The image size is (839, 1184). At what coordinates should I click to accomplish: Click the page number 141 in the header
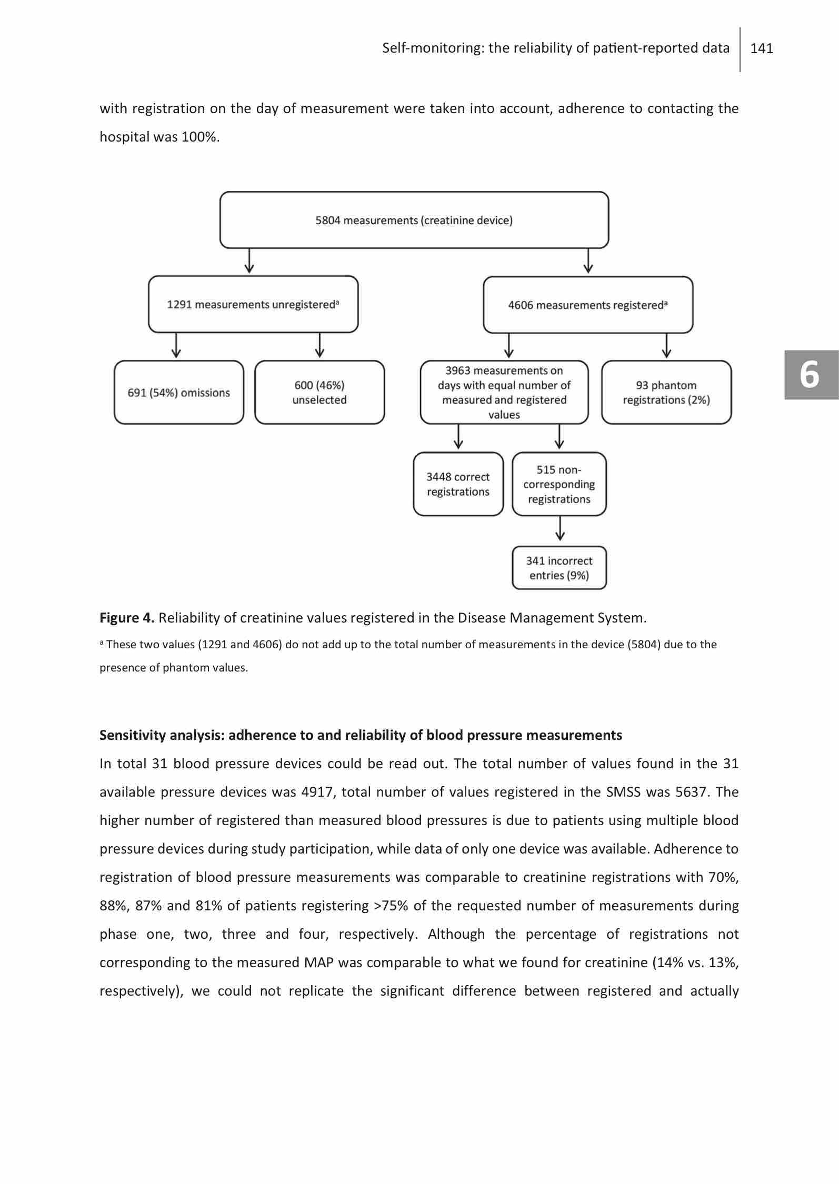(x=761, y=48)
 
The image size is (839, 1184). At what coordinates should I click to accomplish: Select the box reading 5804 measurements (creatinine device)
(x=414, y=220)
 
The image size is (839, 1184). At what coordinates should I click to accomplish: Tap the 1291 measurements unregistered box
(x=253, y=305)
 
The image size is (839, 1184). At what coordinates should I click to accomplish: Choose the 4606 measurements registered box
(x=587, y=305)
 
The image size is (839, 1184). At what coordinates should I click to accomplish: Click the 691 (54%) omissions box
(x=178, y=393)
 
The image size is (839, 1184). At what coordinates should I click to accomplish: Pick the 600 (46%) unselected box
(x=319, y=393)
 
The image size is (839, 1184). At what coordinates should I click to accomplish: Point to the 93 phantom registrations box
(x=666, y=393)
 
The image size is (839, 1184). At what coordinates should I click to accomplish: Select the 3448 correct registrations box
(x=458, y=484)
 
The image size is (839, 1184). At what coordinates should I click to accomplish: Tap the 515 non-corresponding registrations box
(x=559, y=484)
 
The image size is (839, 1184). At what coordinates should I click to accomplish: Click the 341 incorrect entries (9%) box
(x=559, y=568)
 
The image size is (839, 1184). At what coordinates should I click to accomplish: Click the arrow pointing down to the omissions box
(x=176, y=346)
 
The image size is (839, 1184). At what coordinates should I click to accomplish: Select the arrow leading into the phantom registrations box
(x=666, y=346)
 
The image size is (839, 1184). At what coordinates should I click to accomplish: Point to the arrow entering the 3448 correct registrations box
(x=458, y=437)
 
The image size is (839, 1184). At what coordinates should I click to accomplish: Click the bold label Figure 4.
(x=127, y=618)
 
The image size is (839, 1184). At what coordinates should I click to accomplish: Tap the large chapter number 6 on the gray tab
(x=810, y=375)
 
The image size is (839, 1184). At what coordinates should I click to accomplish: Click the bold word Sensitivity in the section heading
(x=133, y=735)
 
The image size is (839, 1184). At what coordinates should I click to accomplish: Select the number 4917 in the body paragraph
(x=317, y=792)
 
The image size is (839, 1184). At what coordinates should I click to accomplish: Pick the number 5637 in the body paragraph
(x=691, y=792)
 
